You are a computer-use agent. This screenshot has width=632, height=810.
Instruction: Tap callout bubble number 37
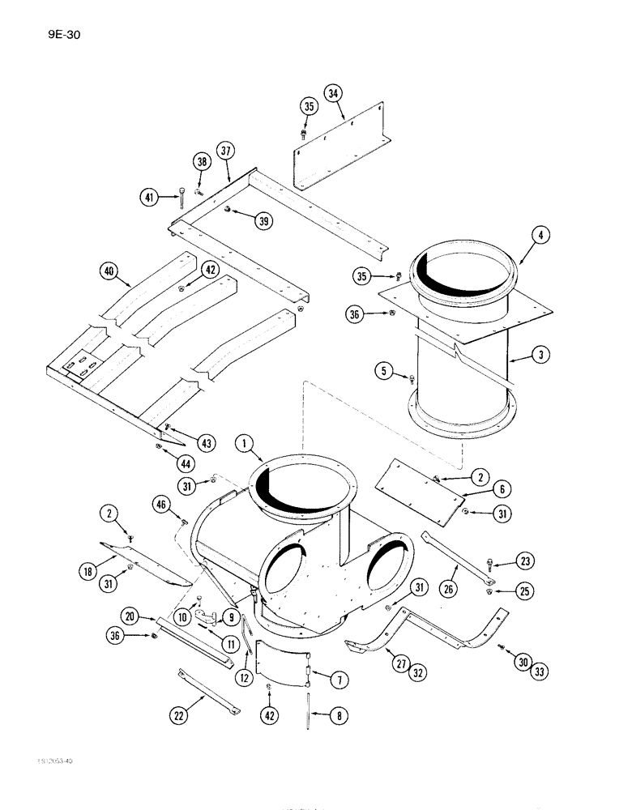(226, 151)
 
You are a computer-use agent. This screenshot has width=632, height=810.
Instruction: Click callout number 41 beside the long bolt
(149, 196)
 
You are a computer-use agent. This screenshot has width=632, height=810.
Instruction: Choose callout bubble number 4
(539, 237)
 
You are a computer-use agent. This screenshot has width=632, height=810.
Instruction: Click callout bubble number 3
(538, 355)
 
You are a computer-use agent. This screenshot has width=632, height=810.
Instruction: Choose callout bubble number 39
(263, 222)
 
